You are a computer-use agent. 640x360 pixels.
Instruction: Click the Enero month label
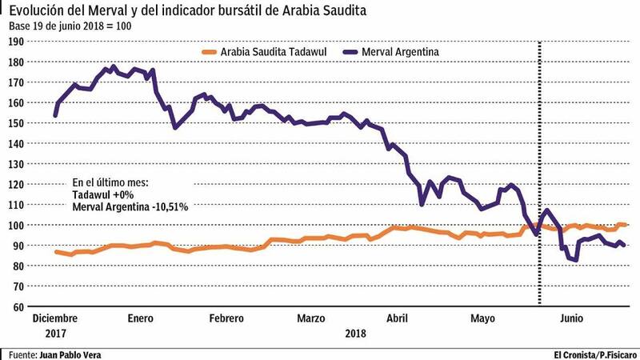point(140,318)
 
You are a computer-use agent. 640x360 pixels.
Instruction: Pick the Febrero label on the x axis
point(226,318)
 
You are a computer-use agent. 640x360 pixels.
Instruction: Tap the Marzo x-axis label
point(311,318)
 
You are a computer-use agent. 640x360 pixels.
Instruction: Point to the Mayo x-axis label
point(483,318)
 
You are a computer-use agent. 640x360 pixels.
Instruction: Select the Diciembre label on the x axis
point(56,318)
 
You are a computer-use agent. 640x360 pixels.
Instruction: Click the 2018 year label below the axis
point(356,331)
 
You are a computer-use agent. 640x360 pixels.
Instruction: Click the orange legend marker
point(208,52)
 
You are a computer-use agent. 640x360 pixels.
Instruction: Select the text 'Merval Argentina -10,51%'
point(130,207)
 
